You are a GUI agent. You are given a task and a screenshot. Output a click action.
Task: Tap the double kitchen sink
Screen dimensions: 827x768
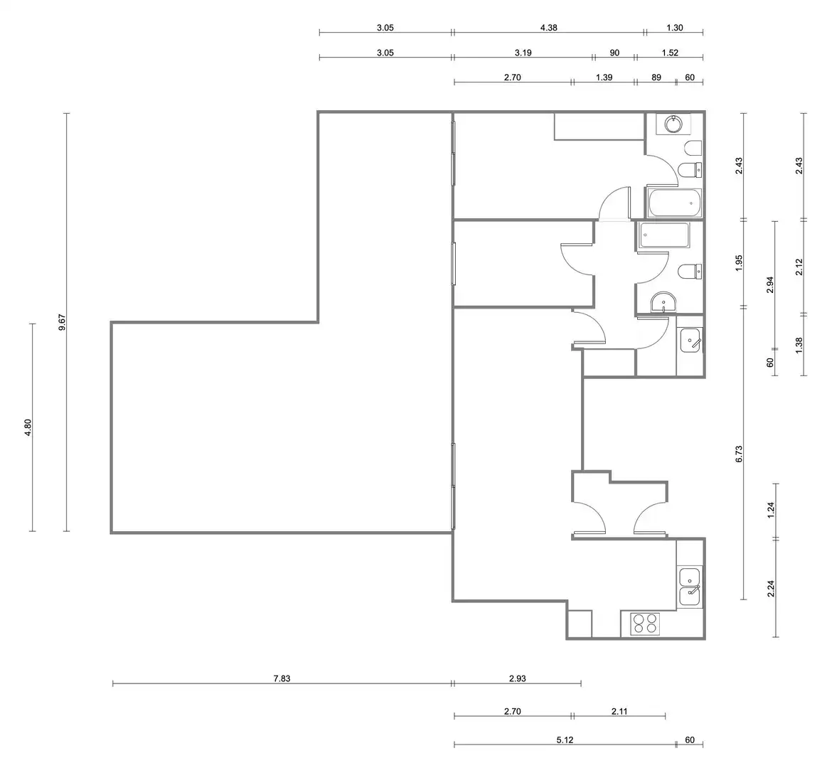690,587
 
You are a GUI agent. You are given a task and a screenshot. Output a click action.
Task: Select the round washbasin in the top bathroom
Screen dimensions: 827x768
673,124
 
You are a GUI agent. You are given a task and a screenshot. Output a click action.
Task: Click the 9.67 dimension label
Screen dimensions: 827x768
62,322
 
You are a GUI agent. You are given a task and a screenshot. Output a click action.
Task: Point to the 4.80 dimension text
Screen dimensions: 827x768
28,427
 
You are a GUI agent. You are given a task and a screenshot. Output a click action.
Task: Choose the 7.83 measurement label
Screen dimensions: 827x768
282,678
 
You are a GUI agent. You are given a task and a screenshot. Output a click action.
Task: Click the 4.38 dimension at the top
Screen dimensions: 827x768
548,28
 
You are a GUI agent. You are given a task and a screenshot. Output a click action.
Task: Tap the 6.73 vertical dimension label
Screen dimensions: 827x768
738,454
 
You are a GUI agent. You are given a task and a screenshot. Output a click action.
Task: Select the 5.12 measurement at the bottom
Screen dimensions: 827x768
565,740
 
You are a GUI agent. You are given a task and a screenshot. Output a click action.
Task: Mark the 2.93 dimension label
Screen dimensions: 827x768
518,678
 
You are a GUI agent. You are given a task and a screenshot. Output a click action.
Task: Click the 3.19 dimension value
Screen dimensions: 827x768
523,53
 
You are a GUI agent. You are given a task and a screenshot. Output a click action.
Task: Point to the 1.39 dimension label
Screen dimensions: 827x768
604,78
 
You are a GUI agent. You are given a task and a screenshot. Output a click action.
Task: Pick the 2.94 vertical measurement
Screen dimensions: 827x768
770,285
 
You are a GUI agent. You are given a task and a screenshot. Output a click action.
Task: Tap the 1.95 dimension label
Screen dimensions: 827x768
738,263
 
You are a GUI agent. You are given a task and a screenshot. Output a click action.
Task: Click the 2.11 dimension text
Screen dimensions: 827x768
619,712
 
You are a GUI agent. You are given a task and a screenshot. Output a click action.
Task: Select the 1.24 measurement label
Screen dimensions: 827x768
770,511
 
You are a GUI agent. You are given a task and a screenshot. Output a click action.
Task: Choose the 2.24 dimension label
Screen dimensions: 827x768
770,588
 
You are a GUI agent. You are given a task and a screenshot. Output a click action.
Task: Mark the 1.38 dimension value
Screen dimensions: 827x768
799,345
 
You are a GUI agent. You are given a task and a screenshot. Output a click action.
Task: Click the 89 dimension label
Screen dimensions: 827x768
656,78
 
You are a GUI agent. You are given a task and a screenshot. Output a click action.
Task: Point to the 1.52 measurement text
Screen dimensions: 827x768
670,53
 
